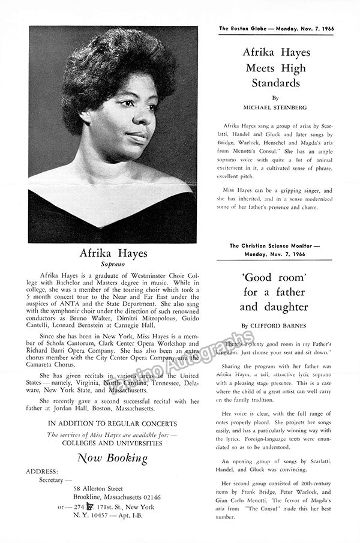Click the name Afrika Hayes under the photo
point(113,253)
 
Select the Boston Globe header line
point(277,28)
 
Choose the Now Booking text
point(112,458)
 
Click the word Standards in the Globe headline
point(275,83)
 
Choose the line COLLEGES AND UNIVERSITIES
point(113,443)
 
